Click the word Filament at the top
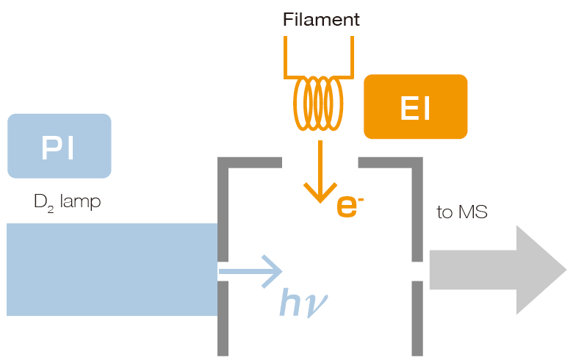[x=321, y=20]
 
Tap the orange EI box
[x=415, y=107]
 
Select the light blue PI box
[x=59, y=145]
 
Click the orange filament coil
[x=318, y=104]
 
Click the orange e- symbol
[x=350, y=206]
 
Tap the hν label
[x=301, y=302]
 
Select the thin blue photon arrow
[x=250, y=270]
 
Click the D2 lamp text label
[x=67, y=201]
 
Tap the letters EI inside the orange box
[x=415, y=108]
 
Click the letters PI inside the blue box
[x=59, y=147]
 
